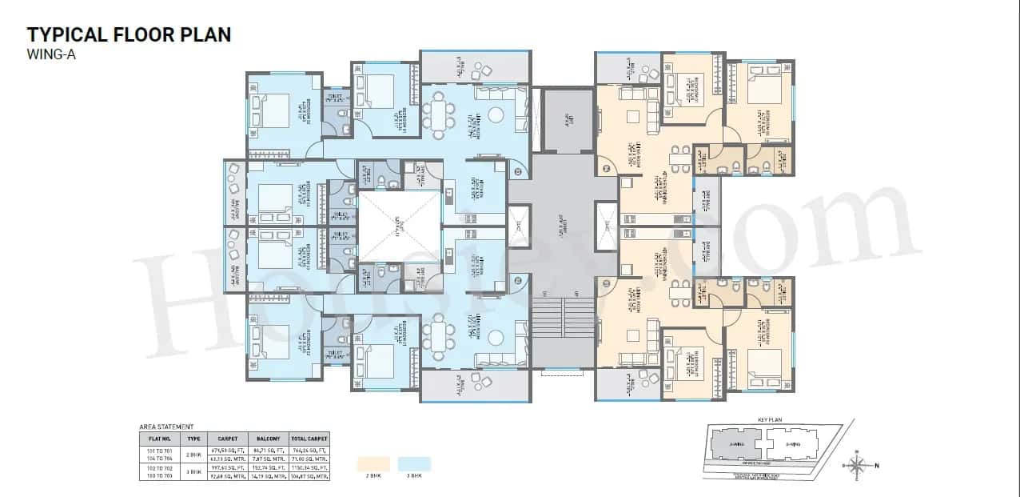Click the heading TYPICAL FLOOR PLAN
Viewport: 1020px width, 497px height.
coord(129,34)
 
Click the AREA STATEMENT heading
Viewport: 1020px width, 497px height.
coord(166,427)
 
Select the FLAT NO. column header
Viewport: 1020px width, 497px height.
coord(160,439)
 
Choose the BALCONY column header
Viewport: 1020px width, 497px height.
coord(268,439)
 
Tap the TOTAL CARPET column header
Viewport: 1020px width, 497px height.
coord(309,439)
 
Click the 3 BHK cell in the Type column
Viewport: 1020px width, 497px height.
coord(193,472)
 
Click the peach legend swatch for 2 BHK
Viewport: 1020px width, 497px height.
coord(373,463)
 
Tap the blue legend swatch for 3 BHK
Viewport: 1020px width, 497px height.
coord(414,463)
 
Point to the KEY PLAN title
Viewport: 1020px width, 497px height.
coord(767,419)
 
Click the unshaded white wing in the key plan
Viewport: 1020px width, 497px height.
coord(793,443)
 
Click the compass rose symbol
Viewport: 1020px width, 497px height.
coord(857,464)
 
